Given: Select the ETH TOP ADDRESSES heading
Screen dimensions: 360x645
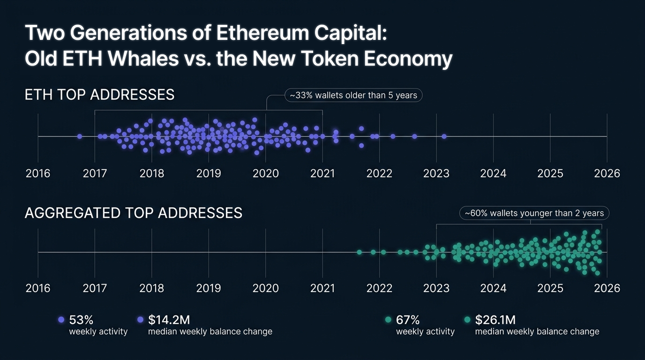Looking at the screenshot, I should click(99, 95).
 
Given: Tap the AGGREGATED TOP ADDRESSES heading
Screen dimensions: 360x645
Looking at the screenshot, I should click(133, 213).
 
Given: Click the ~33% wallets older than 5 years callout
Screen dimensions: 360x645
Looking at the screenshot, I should click(353, 95).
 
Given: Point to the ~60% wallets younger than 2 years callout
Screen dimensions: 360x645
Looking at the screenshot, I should click(534, 213).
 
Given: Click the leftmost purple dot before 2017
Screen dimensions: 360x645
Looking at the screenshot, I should click(80, 136).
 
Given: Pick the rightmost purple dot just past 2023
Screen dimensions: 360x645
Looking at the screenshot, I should click(444, 136).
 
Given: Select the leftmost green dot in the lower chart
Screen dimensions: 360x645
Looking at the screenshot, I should click(360, 252).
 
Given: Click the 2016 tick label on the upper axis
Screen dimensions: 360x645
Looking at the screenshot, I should click(38, 173).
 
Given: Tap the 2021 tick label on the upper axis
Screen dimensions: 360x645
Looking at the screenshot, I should click(322, 173).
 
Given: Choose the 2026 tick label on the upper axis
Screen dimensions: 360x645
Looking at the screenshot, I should click(607, 173).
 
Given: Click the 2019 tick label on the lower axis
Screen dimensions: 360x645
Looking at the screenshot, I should click(209, 287).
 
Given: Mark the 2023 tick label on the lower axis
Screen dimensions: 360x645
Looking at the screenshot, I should click(436, 287).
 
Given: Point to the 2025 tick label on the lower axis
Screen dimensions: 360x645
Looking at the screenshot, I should click(550, 287).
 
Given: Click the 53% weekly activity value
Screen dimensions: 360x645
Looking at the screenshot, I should click(81, 320).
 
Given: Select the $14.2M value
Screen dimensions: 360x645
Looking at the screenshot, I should click(169, 320).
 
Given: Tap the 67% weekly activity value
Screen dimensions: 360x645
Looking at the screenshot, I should click(408, 320).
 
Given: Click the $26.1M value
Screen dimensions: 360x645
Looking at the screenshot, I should click(495, 320).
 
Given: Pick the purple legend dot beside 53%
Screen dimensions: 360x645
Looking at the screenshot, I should click(60, 320).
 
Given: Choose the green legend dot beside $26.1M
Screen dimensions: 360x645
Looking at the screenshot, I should click(467, 320).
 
